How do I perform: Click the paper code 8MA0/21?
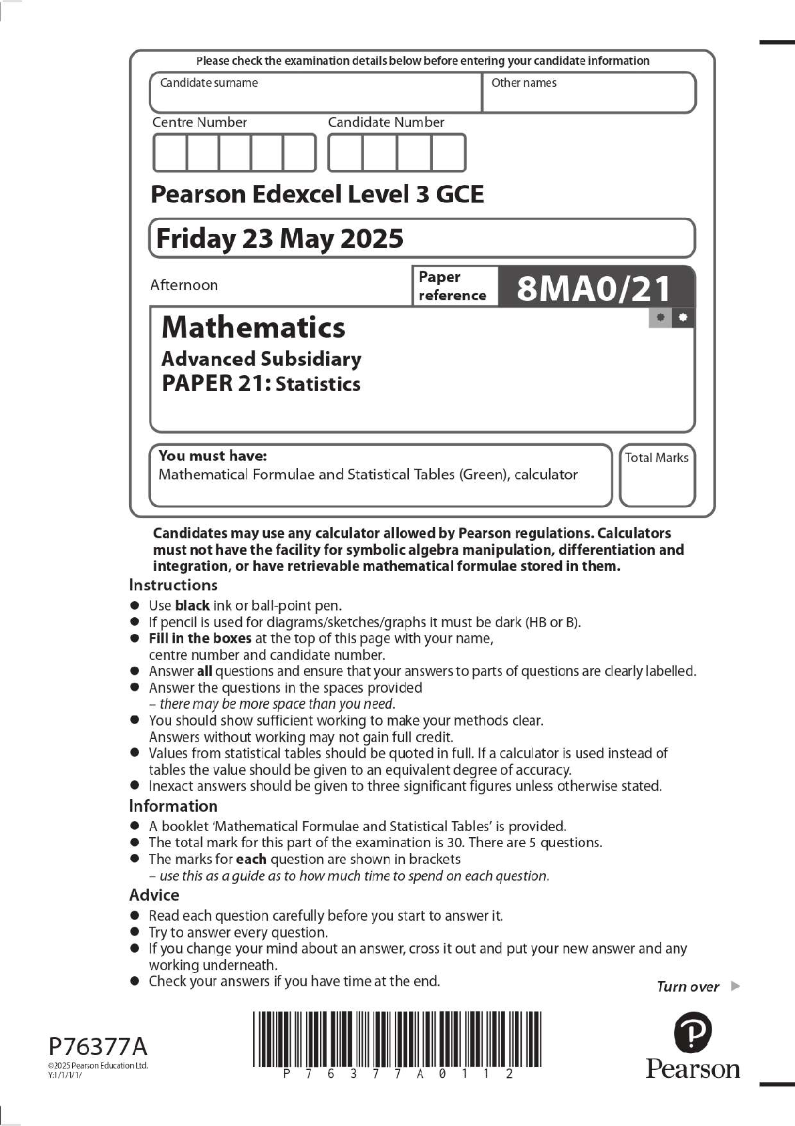594,288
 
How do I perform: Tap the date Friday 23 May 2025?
279,239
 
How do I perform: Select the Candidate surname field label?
208,83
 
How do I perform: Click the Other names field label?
524,83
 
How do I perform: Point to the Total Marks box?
657,475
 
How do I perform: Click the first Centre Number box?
170,153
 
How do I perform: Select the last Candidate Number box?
448,153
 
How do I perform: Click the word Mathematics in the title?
253,328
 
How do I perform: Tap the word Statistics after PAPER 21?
318,384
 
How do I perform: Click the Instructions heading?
173,585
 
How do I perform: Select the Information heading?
173,806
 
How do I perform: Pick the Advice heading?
154,895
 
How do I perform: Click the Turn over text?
688,986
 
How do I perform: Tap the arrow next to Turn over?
736,986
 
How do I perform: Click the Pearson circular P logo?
693,1032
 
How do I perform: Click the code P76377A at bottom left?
98,1046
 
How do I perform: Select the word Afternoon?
184,285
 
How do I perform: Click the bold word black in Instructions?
192,606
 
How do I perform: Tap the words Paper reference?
452,286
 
